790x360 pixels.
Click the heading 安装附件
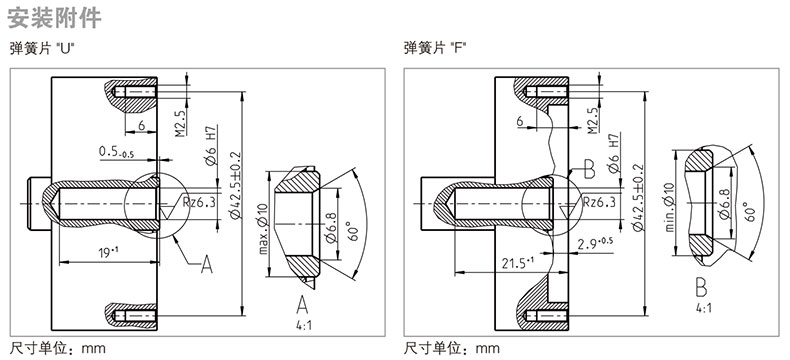(x=55, y=17)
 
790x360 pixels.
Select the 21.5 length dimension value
(x=517, y=263)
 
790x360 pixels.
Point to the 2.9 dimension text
(x=595, y=244)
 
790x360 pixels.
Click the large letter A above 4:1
(x=302, y=305)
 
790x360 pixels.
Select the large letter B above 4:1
(x=701, y=287)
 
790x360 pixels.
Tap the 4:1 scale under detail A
(x=304, y=325)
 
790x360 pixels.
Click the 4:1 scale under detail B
(x=703, y=308)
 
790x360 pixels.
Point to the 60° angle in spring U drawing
(x=353, y=231)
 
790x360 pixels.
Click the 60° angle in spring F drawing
(x=750, y=211)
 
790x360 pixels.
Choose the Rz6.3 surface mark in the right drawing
(x=599, y=202)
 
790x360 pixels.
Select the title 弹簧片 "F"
(x=435, y=48)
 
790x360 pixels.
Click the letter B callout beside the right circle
(x=589, y=170)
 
